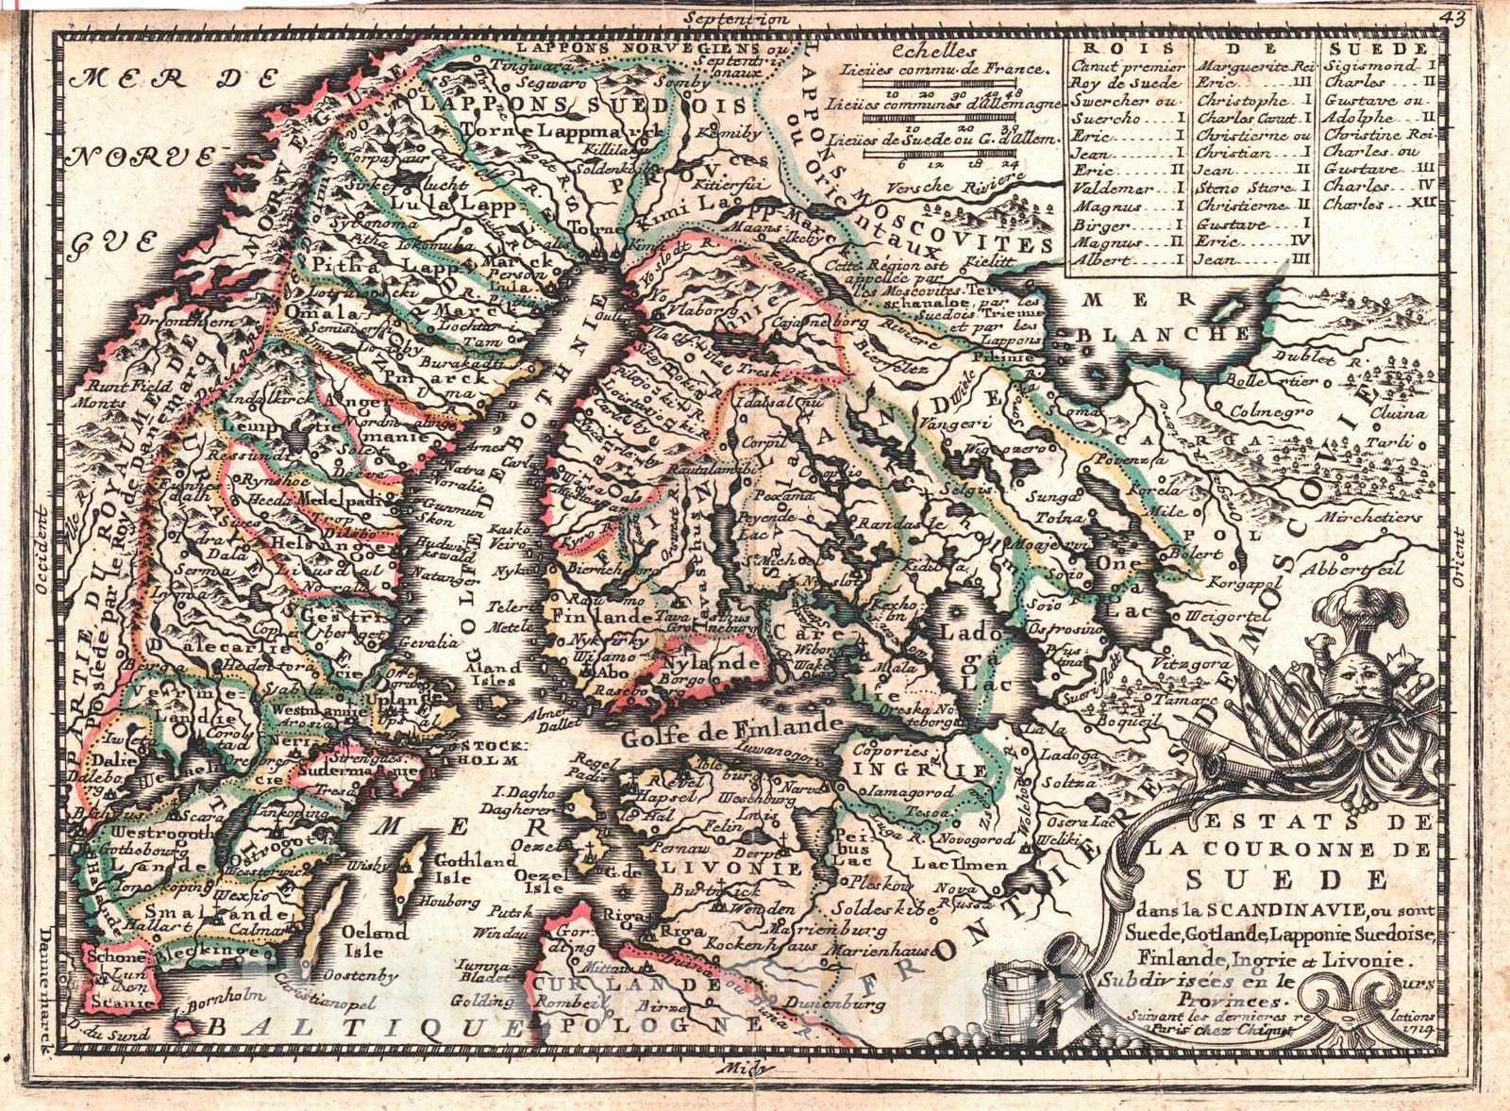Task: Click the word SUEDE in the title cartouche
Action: [1285, 879]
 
